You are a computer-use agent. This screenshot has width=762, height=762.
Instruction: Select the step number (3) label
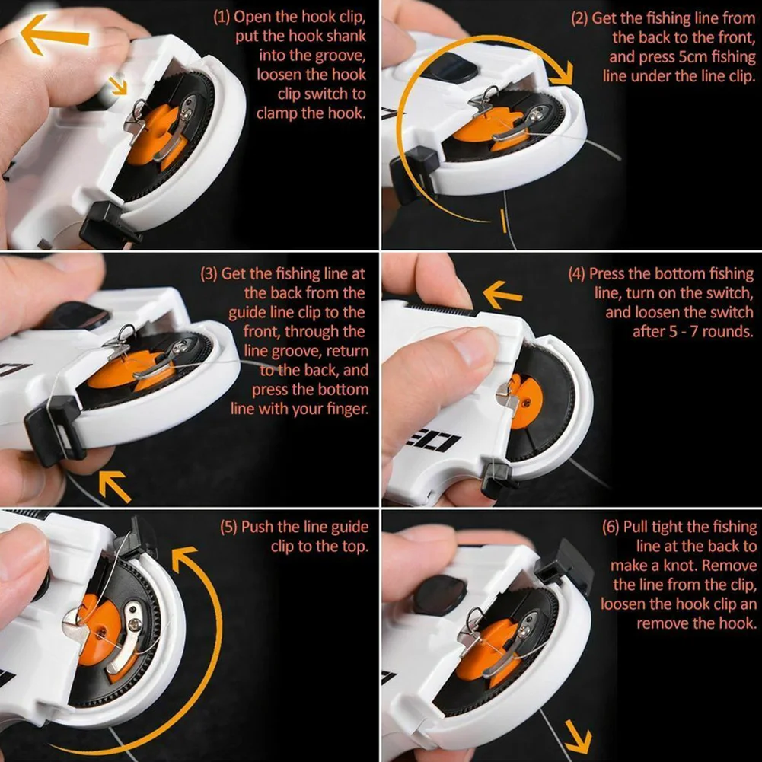coord(209,273)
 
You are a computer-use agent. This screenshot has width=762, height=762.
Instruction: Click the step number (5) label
coord(228,527)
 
